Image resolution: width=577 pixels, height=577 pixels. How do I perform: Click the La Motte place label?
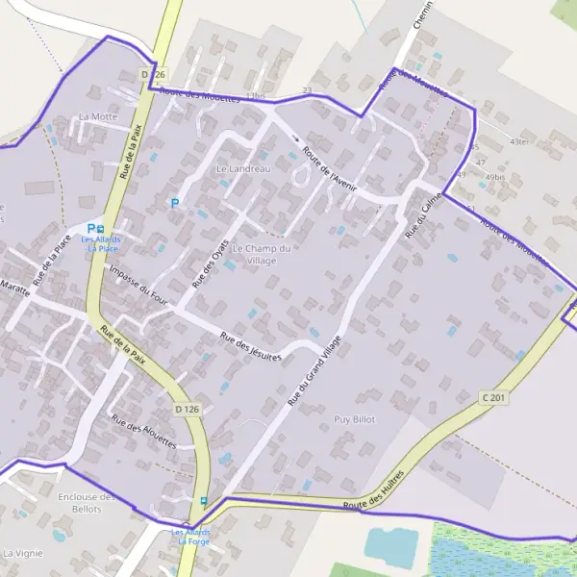pos(98,116)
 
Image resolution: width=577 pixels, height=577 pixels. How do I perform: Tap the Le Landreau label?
pos(244,168)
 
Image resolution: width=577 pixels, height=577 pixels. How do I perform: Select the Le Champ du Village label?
pos(261,254)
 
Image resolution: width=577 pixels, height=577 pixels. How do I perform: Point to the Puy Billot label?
pos(354,419)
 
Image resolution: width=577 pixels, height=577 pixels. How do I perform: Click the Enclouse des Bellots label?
pos(87,502)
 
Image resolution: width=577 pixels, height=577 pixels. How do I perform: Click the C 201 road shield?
pos(493,396)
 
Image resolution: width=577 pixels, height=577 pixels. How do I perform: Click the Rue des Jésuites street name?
pos(250,347)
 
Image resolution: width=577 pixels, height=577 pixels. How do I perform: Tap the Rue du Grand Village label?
pos(314,368)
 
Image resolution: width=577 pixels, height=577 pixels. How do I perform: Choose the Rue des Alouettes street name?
pos(144,430)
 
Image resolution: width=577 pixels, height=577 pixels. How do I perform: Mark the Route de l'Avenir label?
pos(330,169)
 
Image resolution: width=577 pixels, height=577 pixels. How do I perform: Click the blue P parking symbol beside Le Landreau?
pos(174,203)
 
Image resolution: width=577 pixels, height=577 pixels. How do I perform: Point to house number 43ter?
pos(519,141)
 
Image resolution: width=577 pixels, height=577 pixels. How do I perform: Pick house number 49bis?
pos(494,177)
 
